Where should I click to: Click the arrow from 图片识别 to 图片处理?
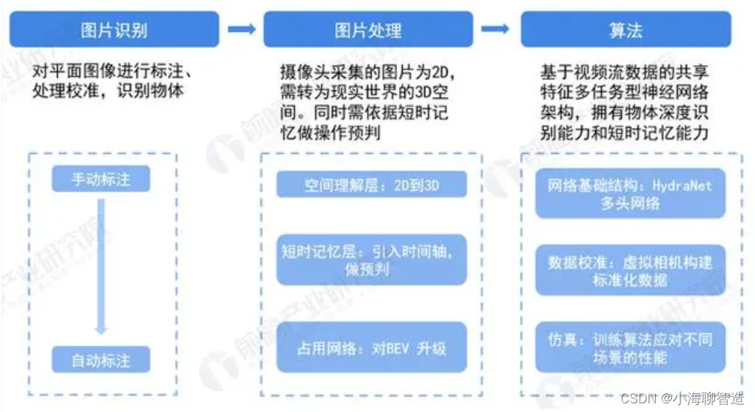pyautogui.click(x=241, y=29)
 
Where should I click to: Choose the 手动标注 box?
pyautogui.click(x=101, y=179)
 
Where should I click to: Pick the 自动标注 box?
pyautogui.click(x=101, y=359)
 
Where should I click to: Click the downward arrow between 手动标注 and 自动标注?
pyautogui.click(x=101, y=267)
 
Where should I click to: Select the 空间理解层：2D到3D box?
pyautogui.click(x=372, y=186)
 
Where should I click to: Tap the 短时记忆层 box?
pyautogui.click(x=372, y=259)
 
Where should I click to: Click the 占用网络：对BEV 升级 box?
pyautogui.click(x=372, y=348)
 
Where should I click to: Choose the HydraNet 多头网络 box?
pyautogui.click(x=629, y=194)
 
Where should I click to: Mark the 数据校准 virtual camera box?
pyautogui.click(x=629, y=270)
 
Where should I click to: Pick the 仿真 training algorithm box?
pyautogui.click(x=629, y=347)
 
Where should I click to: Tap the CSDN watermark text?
pyautogui.click(x=637, y=398)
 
